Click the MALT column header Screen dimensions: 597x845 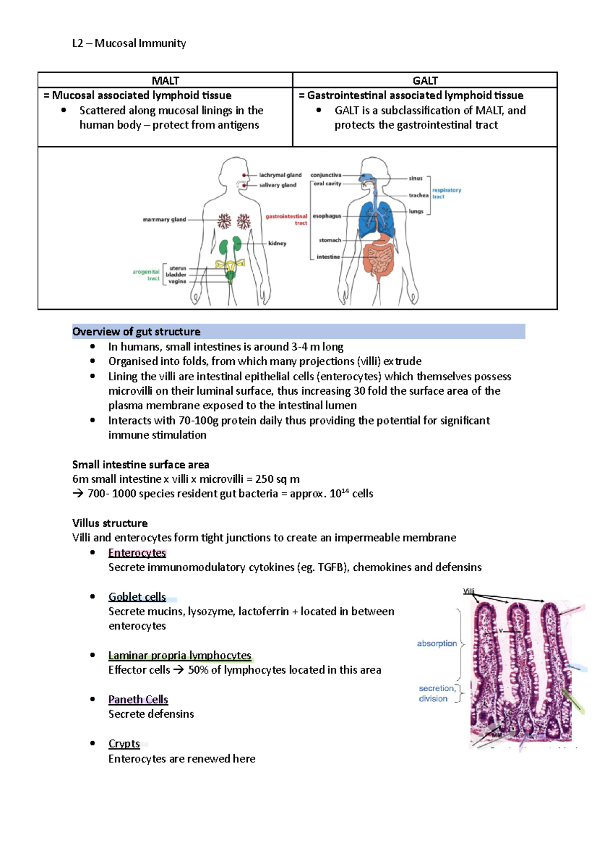(x=165, y=81)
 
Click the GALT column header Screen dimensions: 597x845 (x=425, y=81)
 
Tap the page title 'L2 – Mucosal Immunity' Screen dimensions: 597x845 (x=129, y=43)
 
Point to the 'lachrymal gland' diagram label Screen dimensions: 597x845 (x=280, y=175)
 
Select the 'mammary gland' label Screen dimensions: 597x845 (x=164, y=219)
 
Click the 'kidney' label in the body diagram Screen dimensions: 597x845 (x=277, y=243)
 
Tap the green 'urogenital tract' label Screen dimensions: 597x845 (x=146, y=275)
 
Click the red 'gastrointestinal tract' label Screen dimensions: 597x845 (x=287, y=219)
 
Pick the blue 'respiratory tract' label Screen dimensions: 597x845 (x=446, y=193)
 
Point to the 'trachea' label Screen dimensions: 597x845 (x=418, y=196)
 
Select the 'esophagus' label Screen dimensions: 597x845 (x=327, y=216)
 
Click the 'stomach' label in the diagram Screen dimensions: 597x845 (x=330, y=240)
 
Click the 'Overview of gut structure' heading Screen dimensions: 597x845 (x=136, y=331)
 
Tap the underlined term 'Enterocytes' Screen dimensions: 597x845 (x=137, y=553)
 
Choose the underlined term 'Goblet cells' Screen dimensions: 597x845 (x=137, y=597)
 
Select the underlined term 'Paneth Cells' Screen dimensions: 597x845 (x=138, y=700)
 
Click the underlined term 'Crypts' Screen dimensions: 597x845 (x=124, y=743)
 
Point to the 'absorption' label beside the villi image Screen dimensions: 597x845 (x=437, y=643)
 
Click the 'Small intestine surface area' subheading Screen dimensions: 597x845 (x=140, y=465)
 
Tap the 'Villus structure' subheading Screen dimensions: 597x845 (x=109, y=523)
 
